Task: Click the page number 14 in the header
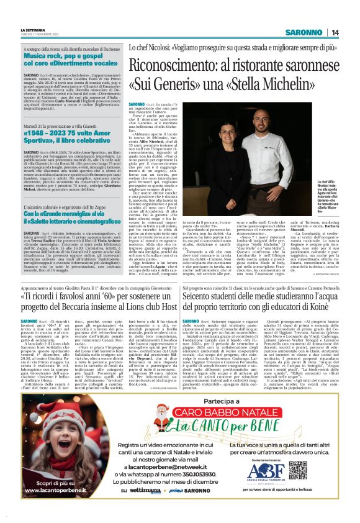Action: pos(335,32)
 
